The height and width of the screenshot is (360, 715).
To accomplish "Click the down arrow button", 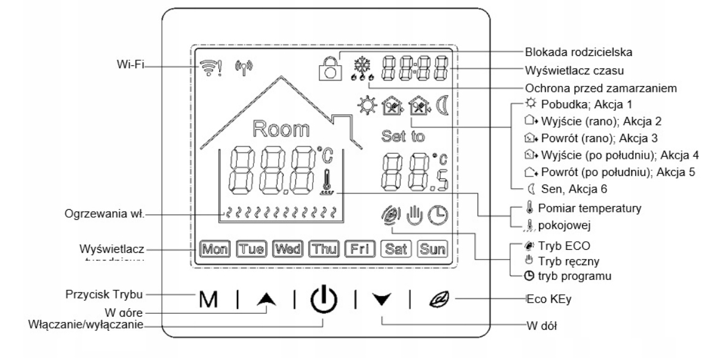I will [382, 301].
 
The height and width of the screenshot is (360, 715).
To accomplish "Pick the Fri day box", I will [357, 250].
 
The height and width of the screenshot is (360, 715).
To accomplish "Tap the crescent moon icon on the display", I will [441, 106].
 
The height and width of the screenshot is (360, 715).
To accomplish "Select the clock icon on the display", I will [437, 215].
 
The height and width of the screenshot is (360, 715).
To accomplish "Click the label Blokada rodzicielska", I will [569, 52].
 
